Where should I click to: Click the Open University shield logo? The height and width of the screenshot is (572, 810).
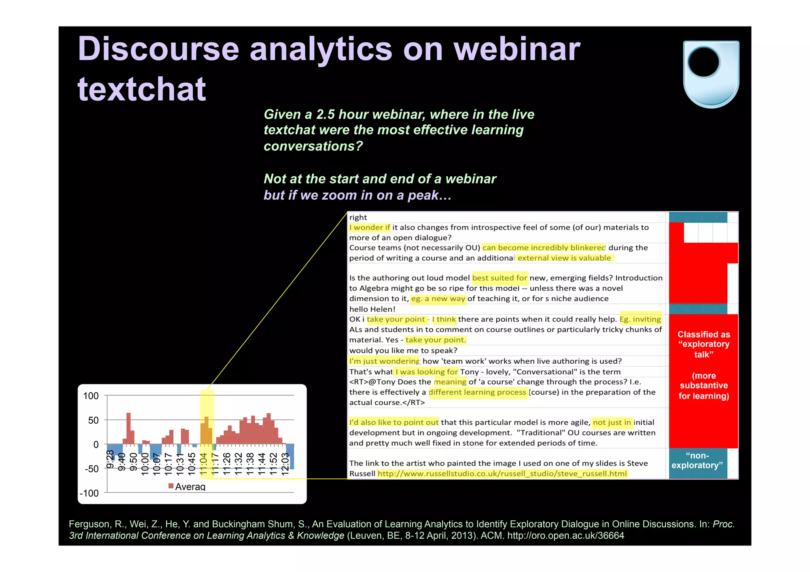tap(711, 74)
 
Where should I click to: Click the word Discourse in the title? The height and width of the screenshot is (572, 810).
tap(158, 49)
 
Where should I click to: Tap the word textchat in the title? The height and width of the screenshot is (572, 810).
tap(142, 89)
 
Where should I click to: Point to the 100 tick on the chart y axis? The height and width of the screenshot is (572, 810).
tap(91, 396)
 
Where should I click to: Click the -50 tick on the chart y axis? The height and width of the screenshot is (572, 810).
tap(91, 469)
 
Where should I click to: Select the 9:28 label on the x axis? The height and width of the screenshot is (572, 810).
tap(111, 459)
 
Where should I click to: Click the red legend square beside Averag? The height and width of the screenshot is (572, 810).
tap(171, 486)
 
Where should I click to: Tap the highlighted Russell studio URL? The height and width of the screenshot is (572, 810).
tap(502, 474)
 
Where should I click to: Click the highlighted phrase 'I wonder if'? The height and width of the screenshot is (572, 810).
tap(369, 227)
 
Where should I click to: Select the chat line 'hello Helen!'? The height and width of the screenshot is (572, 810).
tap(372, 309)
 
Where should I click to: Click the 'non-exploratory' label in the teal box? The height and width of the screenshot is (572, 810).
tap(697, 461)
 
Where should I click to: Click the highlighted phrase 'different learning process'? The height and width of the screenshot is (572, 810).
tap(477, 392)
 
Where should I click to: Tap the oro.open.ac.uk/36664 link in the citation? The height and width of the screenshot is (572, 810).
tap(566, 536)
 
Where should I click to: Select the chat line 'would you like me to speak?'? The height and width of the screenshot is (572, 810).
tap(403, 350)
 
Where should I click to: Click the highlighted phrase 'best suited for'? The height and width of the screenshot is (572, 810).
tap(500, 278)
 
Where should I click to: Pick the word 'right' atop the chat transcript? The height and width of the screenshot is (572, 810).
tap(358, 217)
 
